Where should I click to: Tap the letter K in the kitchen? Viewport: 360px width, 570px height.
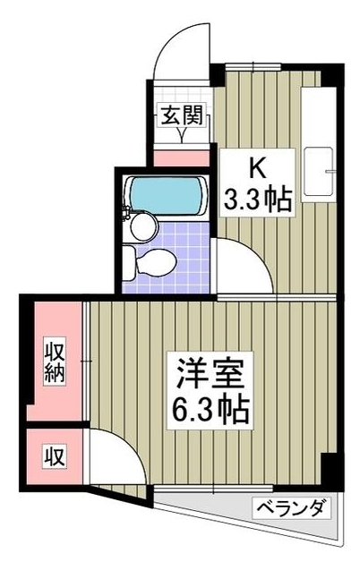pyautogui.click(x=255, y=167)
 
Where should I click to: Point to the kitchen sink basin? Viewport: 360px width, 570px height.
pyautogui.click(x=319, y=170)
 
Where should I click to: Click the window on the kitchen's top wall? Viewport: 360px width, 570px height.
pyautogui.click(x=253, y=67)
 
